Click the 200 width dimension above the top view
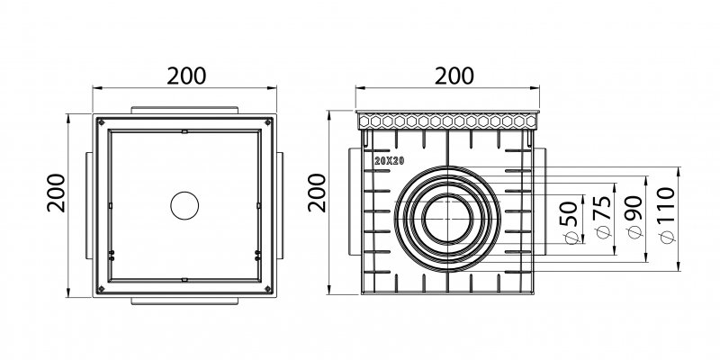[186, 75]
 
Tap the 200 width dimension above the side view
[448, 75]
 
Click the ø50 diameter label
[568, 224]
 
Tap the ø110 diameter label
[668, 220]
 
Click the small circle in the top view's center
[184, 204]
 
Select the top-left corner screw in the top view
[101, 121]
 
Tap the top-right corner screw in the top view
[268, 121]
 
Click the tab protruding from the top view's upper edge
[184, 109]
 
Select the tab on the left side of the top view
[85, 204]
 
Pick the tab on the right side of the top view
[283, 204]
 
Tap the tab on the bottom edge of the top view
[184, 300]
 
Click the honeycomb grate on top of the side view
[448, 120]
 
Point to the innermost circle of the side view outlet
[447, 220]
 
